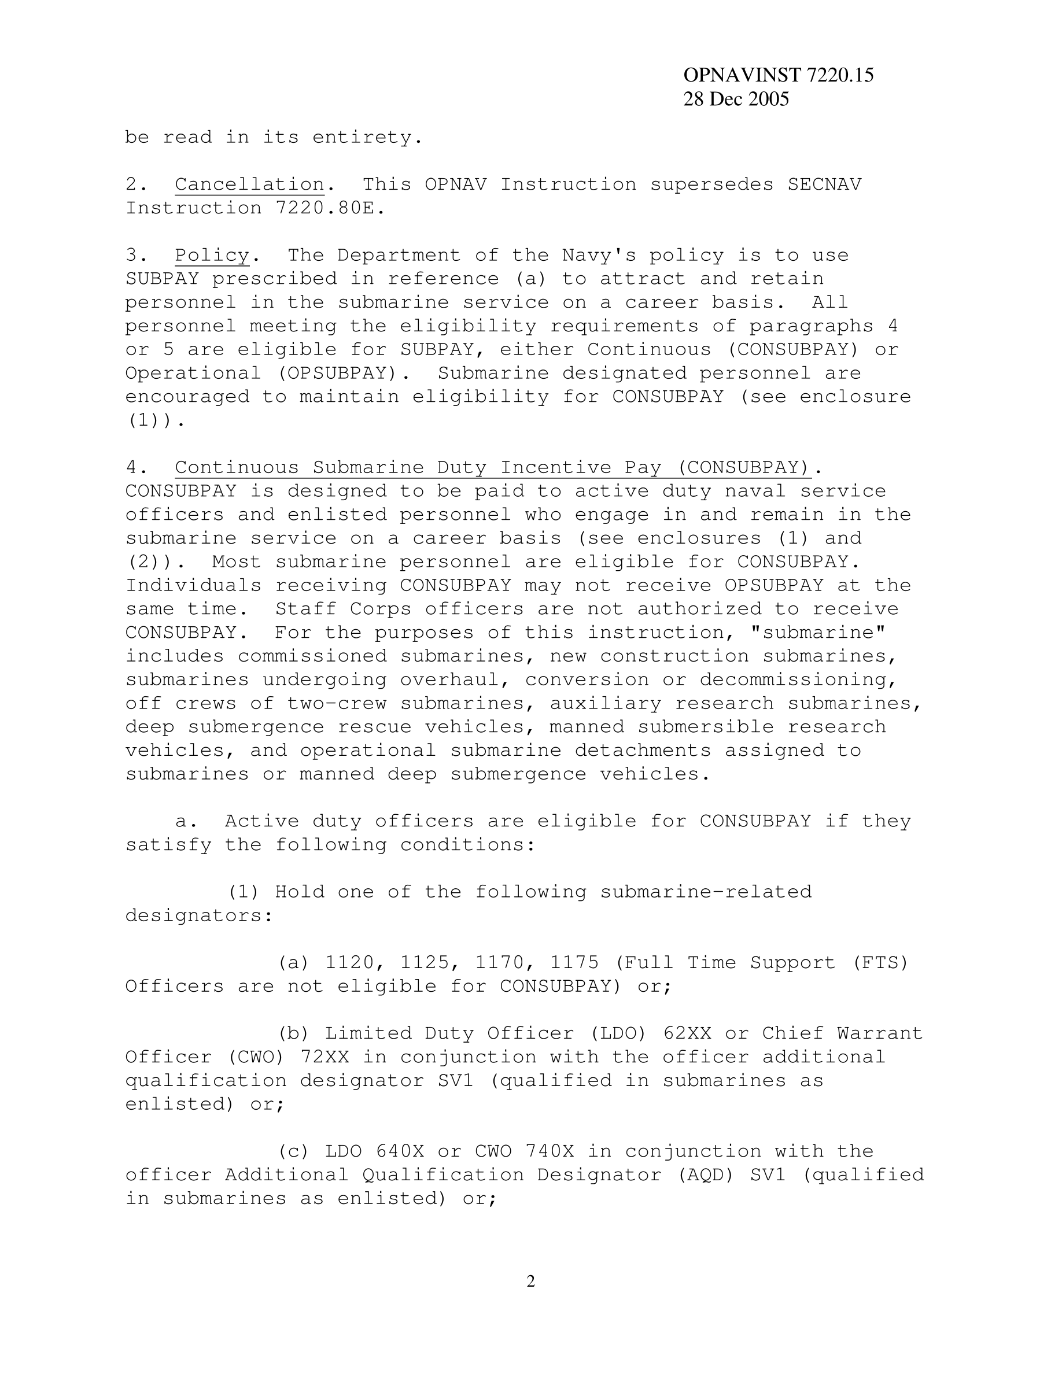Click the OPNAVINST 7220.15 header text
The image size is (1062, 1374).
point(777,76)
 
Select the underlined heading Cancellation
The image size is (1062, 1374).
point(249,184)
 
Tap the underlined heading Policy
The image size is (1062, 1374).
point(212,256)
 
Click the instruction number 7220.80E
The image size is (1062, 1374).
point(330,208)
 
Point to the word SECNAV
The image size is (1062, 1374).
point(824,184)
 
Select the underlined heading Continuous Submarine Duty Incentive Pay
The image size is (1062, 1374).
point(491,467)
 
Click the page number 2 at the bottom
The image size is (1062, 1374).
point(530,1281)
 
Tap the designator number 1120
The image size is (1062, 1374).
point(349,963)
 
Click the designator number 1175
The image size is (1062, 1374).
point(574,963)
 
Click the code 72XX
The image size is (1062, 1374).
point(324,1058)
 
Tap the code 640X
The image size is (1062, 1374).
point(400,1152)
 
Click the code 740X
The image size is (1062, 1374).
point(548,1152)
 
